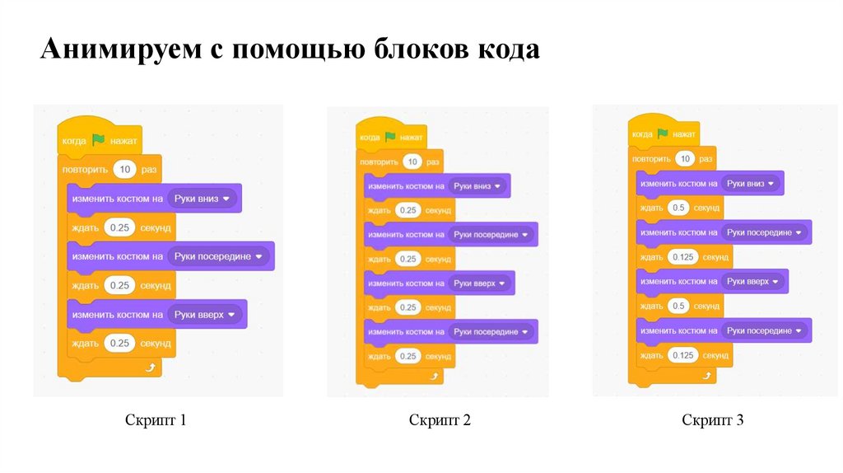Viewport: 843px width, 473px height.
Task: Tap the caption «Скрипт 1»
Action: (x=156, y=420)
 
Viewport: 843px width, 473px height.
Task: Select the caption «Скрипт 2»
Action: (x=440, y=420)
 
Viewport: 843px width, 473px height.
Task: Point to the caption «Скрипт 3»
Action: (x=713, y=420)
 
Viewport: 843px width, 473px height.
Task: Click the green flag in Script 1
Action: (x=99, y=140)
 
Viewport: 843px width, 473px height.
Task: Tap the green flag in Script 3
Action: (x=663, y=133)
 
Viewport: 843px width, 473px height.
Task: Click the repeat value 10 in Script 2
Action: (x=413, y=162)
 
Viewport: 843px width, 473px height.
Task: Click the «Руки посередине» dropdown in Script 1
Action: (x=218, y=256)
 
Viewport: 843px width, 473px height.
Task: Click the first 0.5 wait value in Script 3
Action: (x=679, y=208)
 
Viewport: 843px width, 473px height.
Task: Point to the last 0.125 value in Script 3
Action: (x=683, y=355)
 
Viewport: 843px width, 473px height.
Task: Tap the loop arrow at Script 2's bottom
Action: (x=435, y=376)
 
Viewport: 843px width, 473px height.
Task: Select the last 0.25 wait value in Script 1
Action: (x=120, y=343)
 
